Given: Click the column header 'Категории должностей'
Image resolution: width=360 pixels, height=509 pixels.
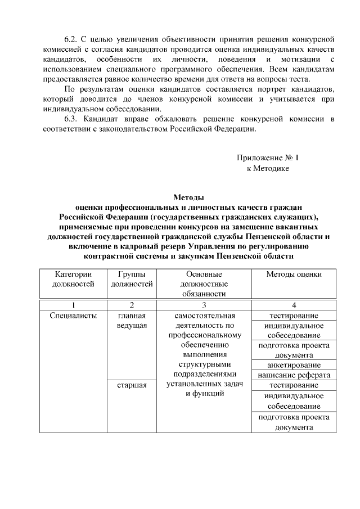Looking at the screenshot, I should point(73,279).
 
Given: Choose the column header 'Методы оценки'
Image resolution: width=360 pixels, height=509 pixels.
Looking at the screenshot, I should point(294,274).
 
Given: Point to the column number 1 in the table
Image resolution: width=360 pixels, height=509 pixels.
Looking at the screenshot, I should point(73,305).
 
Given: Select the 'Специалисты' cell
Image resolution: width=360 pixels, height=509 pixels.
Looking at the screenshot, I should point(73,316).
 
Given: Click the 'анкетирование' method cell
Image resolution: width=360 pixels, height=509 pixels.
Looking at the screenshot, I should point(294,365).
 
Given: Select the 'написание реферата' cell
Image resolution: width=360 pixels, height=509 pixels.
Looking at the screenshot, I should point(294,375).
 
